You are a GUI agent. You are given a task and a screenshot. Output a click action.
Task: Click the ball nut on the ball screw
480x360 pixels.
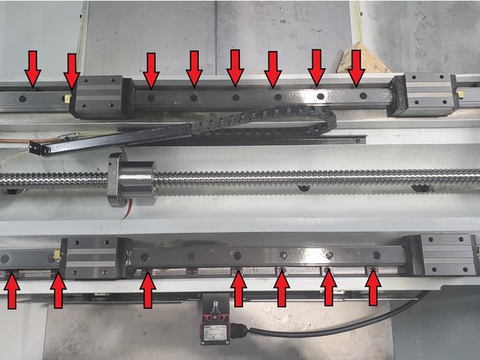click(133, 179)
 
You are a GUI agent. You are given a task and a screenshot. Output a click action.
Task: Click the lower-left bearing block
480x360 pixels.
click(90, 258)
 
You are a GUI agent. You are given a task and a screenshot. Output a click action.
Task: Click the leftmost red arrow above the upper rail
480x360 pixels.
click(32, 67)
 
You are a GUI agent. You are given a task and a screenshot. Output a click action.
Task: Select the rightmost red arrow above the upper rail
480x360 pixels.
click(356, 67)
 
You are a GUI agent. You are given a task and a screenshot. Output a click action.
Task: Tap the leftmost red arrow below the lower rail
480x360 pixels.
click(13, 292)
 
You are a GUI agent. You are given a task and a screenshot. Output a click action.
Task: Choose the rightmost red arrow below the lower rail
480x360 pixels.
click(373, 289)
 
